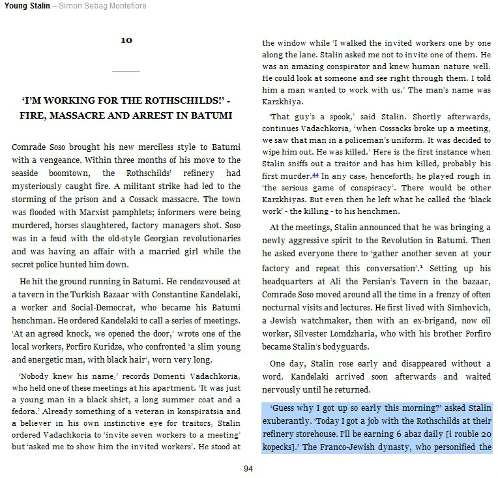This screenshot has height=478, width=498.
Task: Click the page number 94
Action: tap(248, 468)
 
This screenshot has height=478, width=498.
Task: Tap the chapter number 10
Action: tap(126, 40)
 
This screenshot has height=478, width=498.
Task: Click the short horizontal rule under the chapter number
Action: tap(126, 70)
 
